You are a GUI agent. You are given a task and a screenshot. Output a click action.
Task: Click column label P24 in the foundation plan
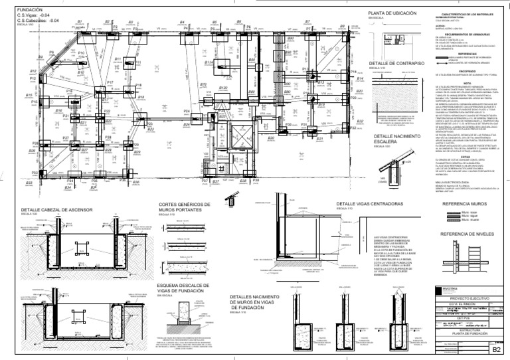click(x=186, y=124)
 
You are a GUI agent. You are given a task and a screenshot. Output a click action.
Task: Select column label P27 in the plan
click(x=66, y=137)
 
